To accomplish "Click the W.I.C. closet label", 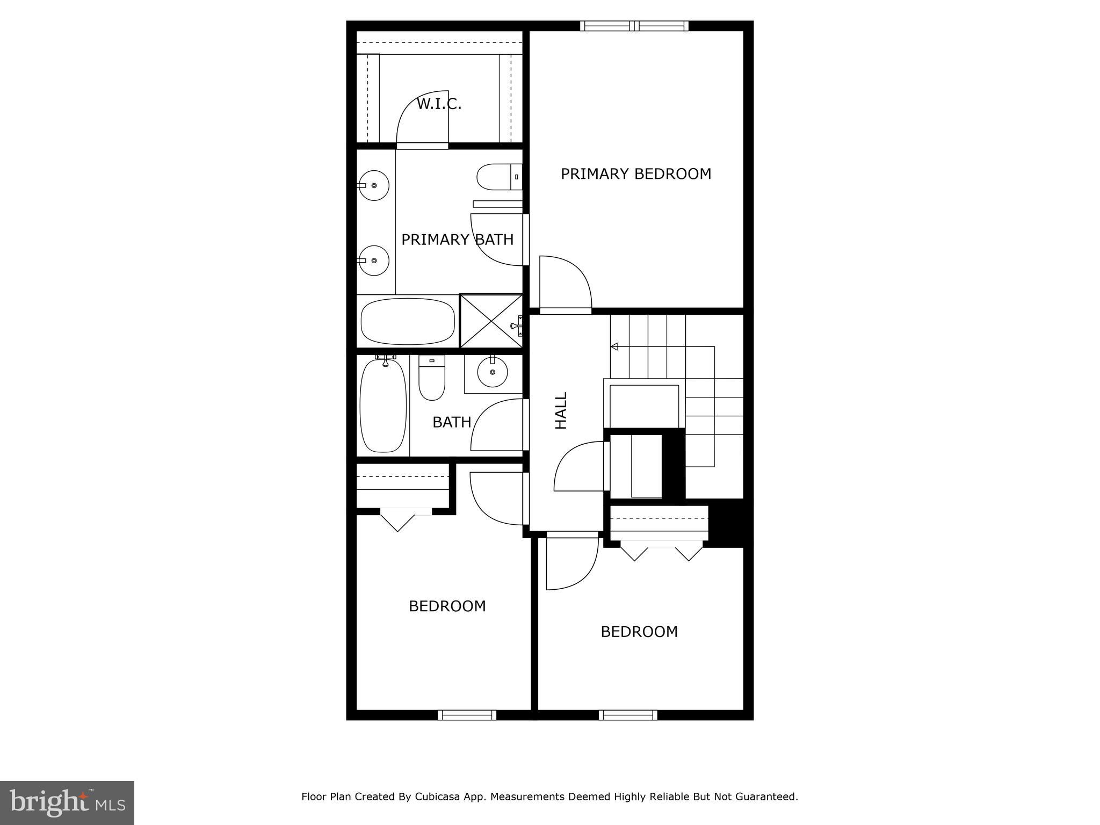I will point(439,104).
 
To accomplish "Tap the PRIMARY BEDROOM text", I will point(635,174).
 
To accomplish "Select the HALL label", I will point(561,410).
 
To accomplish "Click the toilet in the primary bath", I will point(497,177).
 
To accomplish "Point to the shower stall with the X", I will point(491,321).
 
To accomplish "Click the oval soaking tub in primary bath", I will point(408,321).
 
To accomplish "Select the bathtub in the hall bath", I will point(382,406).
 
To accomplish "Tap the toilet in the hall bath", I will point(432,378).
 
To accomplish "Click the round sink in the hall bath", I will point(492,372).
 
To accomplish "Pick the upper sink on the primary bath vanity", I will point(374,185).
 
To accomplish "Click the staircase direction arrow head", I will point(614,346).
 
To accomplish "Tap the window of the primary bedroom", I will point(634,26).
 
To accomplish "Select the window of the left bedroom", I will point(466,715).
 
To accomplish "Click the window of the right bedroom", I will point(628,715).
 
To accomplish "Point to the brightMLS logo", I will point(67,802).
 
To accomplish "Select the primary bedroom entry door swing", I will point(564,284).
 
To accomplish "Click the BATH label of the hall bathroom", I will point(452,422).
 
